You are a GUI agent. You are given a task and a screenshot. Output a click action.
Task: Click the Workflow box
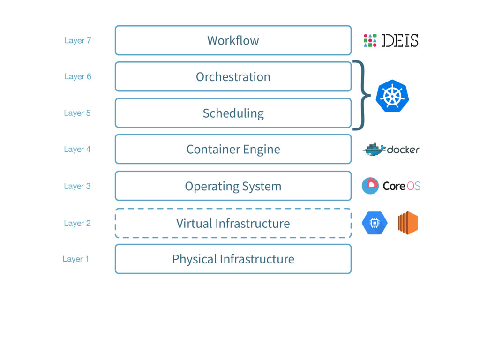233,40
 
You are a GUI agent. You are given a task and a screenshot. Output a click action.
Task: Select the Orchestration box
233,76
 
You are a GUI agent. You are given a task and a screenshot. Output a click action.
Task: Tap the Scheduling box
233,113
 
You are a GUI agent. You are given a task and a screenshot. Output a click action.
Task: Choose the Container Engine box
233,149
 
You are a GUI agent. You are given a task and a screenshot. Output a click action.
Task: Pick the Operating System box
233,186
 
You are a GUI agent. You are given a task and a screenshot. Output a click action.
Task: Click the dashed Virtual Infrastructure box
233,223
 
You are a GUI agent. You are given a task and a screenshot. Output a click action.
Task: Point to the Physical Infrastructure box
233,259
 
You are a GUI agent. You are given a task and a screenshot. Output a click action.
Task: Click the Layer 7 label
78,41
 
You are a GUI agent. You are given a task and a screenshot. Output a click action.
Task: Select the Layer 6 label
78,77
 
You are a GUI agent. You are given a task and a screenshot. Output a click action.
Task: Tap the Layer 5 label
77,113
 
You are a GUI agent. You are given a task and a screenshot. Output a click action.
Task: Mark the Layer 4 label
77,150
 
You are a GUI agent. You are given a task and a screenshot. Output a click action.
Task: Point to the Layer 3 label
77,186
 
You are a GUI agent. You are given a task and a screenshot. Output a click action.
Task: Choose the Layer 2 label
77,224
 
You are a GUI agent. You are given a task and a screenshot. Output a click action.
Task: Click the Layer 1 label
76,259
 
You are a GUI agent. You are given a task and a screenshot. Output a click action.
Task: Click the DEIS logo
391,41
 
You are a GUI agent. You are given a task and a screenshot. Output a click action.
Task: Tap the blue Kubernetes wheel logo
392,96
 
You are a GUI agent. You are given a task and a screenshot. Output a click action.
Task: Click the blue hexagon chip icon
375,223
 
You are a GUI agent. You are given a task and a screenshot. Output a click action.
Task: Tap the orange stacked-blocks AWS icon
408,223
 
